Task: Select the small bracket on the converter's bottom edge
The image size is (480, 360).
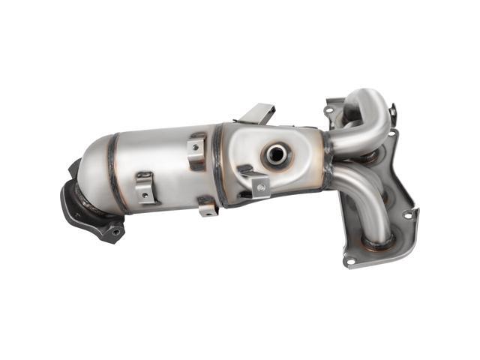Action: click(207, 206)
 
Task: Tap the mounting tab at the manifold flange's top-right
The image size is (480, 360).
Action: click(391, 112)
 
